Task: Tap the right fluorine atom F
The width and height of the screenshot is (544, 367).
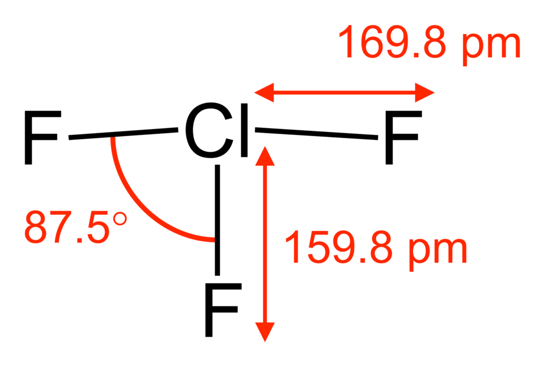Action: point(403,138)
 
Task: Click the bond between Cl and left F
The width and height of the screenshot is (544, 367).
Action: point(124,134)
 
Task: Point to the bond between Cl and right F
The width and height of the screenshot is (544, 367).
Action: point(316,134)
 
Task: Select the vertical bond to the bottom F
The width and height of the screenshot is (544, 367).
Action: point(218,220)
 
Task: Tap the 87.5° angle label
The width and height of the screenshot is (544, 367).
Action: point(75,227)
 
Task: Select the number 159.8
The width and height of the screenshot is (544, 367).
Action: point(338,246)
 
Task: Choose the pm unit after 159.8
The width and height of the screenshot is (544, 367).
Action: point(438,251)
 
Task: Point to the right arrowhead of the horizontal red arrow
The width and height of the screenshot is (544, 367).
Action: point(424,93)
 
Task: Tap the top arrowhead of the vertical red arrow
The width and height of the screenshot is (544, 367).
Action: point(265,156)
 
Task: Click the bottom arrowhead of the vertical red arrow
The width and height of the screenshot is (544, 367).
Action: point(265,332)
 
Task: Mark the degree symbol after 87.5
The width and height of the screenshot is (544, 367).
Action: point(120,219)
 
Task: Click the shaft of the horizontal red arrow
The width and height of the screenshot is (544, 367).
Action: point(345,93)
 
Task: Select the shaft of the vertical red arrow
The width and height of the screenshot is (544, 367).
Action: point(265,244)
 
